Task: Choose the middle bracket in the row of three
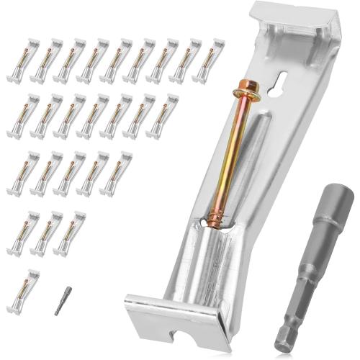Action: tap(45, 233)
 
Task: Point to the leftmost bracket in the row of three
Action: tap(22, 233)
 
